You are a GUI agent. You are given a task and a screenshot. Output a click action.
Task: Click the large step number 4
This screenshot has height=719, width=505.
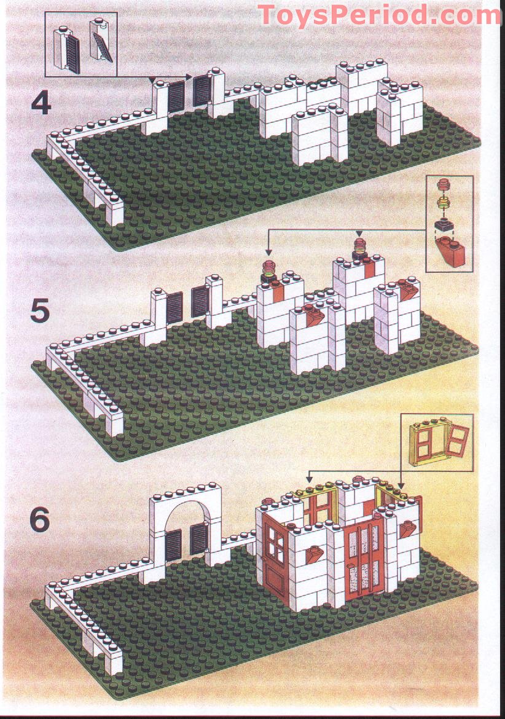[x=41, y=103]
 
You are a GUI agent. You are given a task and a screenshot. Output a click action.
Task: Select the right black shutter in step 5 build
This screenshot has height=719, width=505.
[x=200, y=302]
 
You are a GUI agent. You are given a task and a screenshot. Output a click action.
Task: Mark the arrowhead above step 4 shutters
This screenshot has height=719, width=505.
[x=152, y=79]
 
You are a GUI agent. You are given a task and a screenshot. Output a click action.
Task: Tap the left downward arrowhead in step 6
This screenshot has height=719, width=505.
[x=310, y=480]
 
